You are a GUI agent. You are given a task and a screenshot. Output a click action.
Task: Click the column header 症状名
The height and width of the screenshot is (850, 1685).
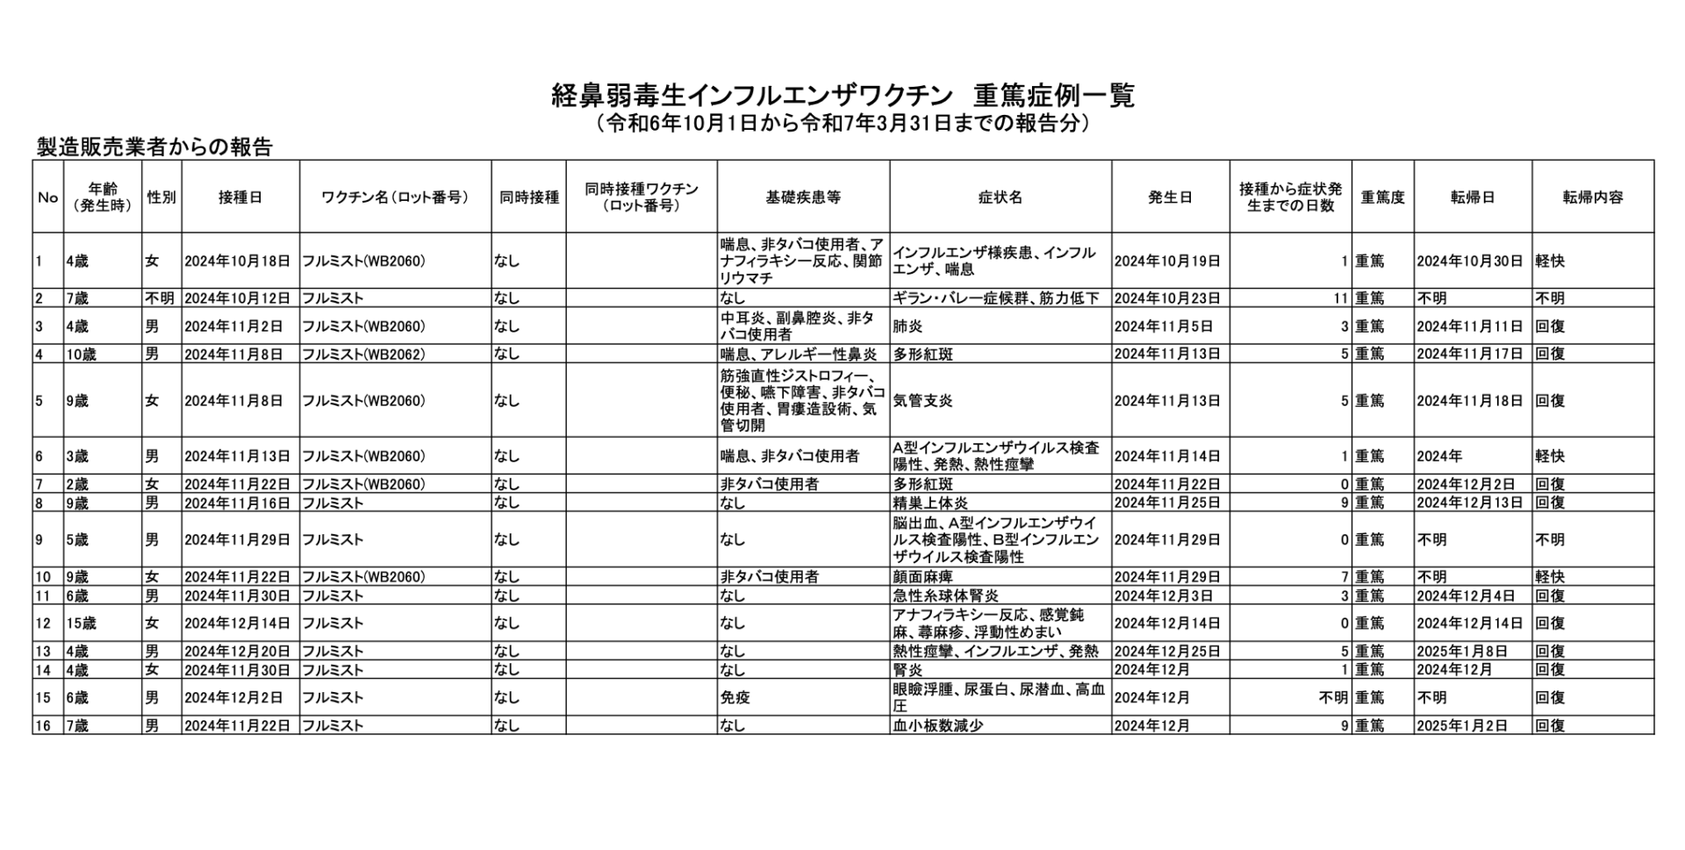pos(1000,197)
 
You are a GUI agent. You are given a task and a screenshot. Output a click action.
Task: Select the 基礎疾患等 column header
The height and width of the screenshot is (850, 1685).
pos(803,197)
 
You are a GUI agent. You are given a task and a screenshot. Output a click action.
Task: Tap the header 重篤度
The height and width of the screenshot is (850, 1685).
pos(1382,197)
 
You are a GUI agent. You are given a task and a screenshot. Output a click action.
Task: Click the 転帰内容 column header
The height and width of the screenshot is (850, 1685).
pos(1592,197)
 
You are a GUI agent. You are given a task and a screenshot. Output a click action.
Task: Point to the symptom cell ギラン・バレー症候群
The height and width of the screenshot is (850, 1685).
pos(995,298)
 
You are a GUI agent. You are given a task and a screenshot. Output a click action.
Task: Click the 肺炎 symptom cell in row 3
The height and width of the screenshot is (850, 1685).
pos(907,326)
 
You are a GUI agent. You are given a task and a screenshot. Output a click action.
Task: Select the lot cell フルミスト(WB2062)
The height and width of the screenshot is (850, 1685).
pos(363,354)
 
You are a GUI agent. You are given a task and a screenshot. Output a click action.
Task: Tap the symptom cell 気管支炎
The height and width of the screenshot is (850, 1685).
pos(922,401)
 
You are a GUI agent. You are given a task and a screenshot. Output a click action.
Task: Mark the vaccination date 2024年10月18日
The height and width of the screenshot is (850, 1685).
pos(237,261)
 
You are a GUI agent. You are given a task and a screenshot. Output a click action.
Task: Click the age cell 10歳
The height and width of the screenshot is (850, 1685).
pos(81,354)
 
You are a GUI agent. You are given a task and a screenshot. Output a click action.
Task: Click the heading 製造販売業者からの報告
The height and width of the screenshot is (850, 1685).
pos(154,147)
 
